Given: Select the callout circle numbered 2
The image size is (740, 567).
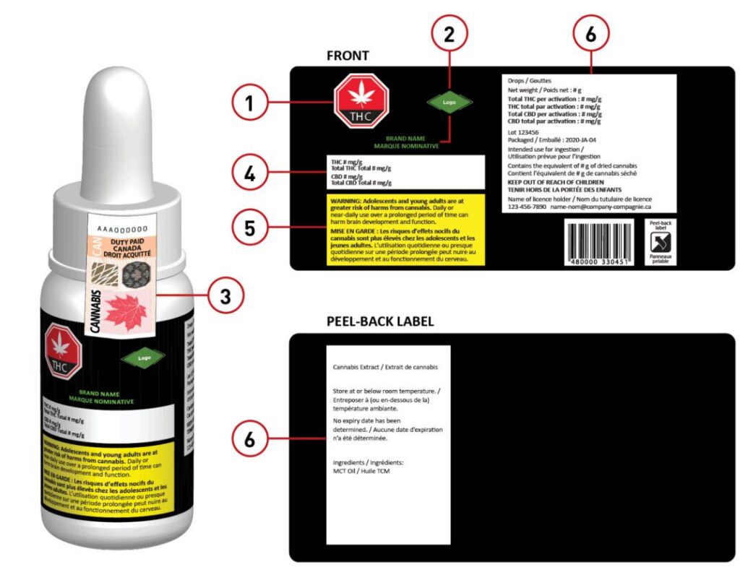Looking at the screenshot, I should point(449,35).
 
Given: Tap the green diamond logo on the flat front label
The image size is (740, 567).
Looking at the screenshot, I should point(449,103).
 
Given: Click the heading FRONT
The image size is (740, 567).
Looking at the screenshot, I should point(347,56).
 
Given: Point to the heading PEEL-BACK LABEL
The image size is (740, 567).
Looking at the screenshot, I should point(379,321).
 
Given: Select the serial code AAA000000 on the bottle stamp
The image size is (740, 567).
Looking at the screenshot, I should point(118,228).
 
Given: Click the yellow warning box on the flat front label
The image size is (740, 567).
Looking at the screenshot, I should point(405,228).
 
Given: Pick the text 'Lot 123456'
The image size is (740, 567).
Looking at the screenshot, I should point(523,133).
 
